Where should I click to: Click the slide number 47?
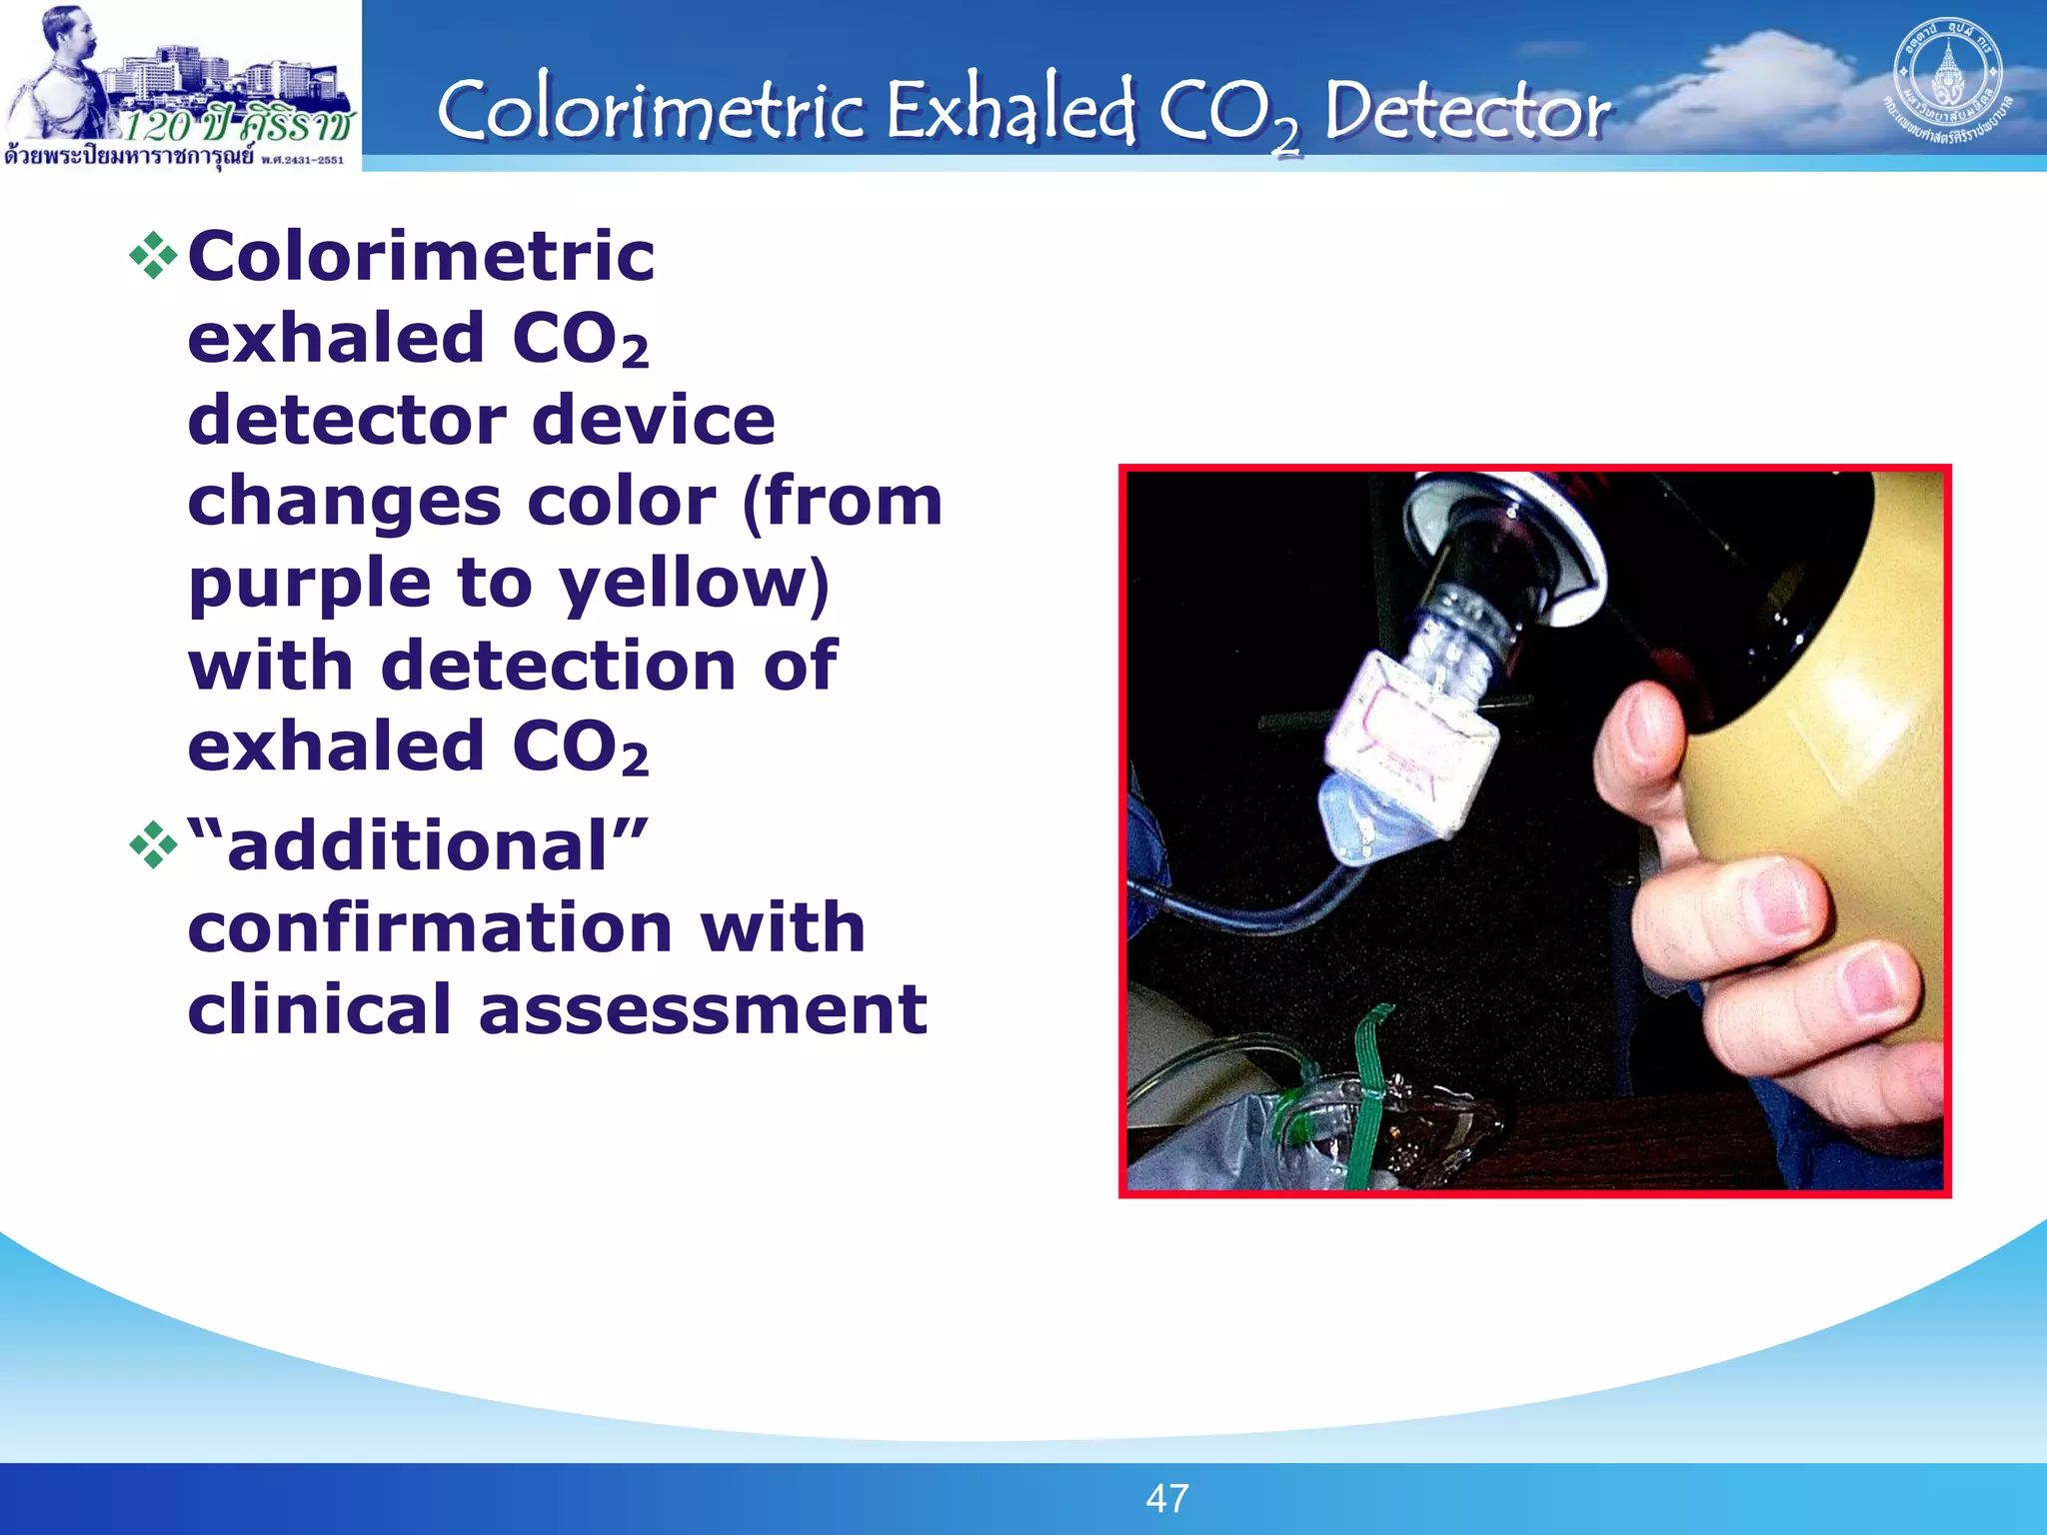point(1166,1498)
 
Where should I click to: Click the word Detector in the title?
point(1466,111)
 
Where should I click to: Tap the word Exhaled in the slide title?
point(1010,111)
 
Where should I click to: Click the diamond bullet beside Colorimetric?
point(153,256)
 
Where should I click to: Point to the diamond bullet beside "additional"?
point(153,845)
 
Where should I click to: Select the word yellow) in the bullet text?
point(694,585)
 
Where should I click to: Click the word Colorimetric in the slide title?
point(650,111)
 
